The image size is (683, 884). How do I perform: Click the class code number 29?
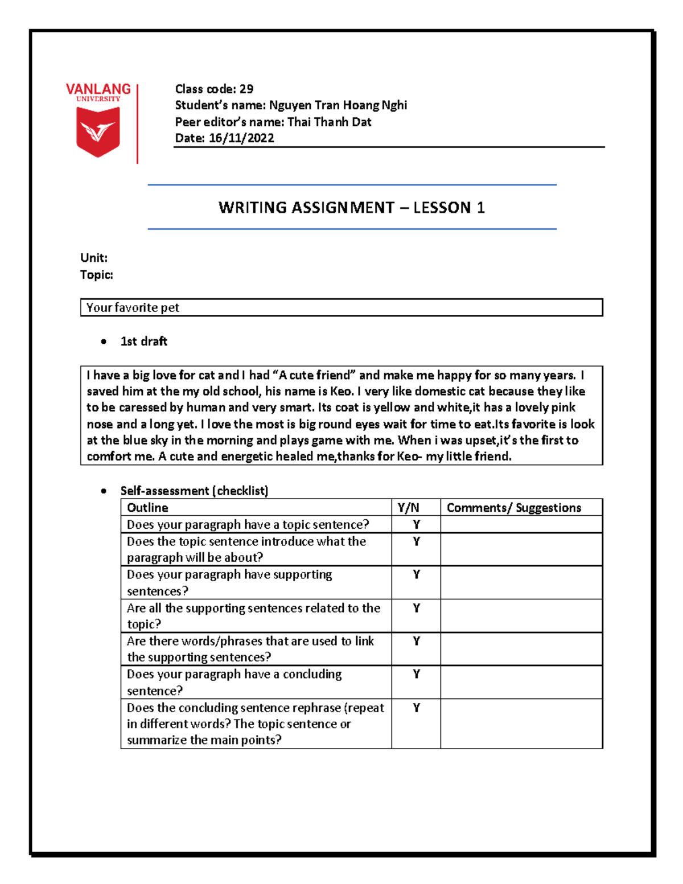[246, 89]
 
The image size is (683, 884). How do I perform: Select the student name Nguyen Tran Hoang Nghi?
[338, 105]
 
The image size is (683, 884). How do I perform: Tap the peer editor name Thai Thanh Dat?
[329, 122]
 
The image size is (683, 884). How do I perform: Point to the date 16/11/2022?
[241, 138]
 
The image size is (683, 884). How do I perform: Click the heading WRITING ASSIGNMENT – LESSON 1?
[351, 207]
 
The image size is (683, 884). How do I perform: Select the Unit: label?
[94, 258]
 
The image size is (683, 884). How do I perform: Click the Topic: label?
[97, 275]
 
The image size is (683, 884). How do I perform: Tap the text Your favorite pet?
[133, 308]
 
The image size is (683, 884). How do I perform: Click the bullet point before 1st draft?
[104, 342]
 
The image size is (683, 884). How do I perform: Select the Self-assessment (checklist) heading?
[194, 491]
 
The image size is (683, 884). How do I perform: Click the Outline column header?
[147, 508]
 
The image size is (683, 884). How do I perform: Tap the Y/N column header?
[408, 508]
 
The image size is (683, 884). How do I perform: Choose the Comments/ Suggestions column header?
[513, 508]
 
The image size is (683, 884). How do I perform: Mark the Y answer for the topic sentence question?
[416, 524]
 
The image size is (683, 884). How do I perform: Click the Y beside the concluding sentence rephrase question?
[416, 708]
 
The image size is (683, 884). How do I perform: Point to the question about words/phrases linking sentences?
[250, 649]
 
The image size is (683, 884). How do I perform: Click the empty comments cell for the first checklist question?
[521, 524]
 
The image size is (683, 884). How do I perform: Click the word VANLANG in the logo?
[98, 89]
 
